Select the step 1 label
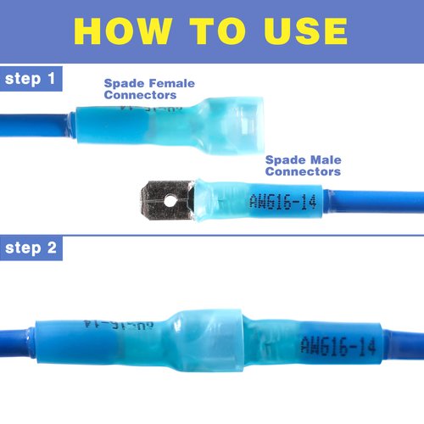(31, 79)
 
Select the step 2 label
(31, 248)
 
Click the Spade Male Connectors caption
(303, 165)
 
